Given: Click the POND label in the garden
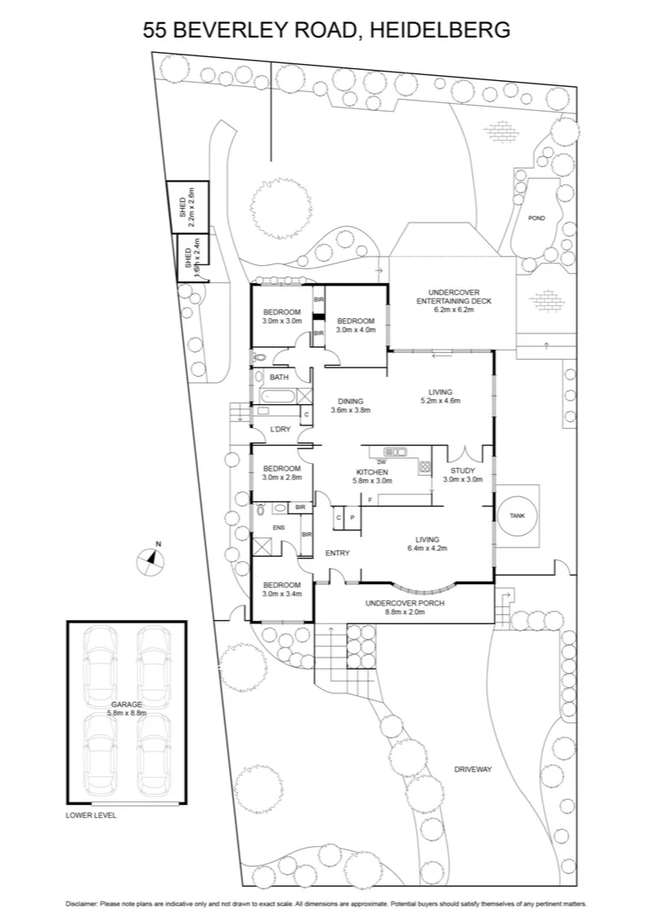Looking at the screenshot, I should (x=537, y=218).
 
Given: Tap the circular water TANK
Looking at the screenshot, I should (x=517, y=517).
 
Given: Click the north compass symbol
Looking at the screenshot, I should (x=151, y=559).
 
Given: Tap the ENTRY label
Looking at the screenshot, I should (x=338, y=553).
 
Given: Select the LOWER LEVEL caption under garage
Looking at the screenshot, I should (x=91, y=815).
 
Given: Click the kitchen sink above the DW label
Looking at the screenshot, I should (x=393, y=451).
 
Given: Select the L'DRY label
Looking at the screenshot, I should (x=282, y=429).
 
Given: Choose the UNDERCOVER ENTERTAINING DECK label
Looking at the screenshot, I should (x=453, y=300).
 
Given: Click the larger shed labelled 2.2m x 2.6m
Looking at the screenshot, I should (x=181, y=207).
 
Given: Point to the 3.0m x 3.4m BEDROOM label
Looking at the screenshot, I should (x=282, y=589).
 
